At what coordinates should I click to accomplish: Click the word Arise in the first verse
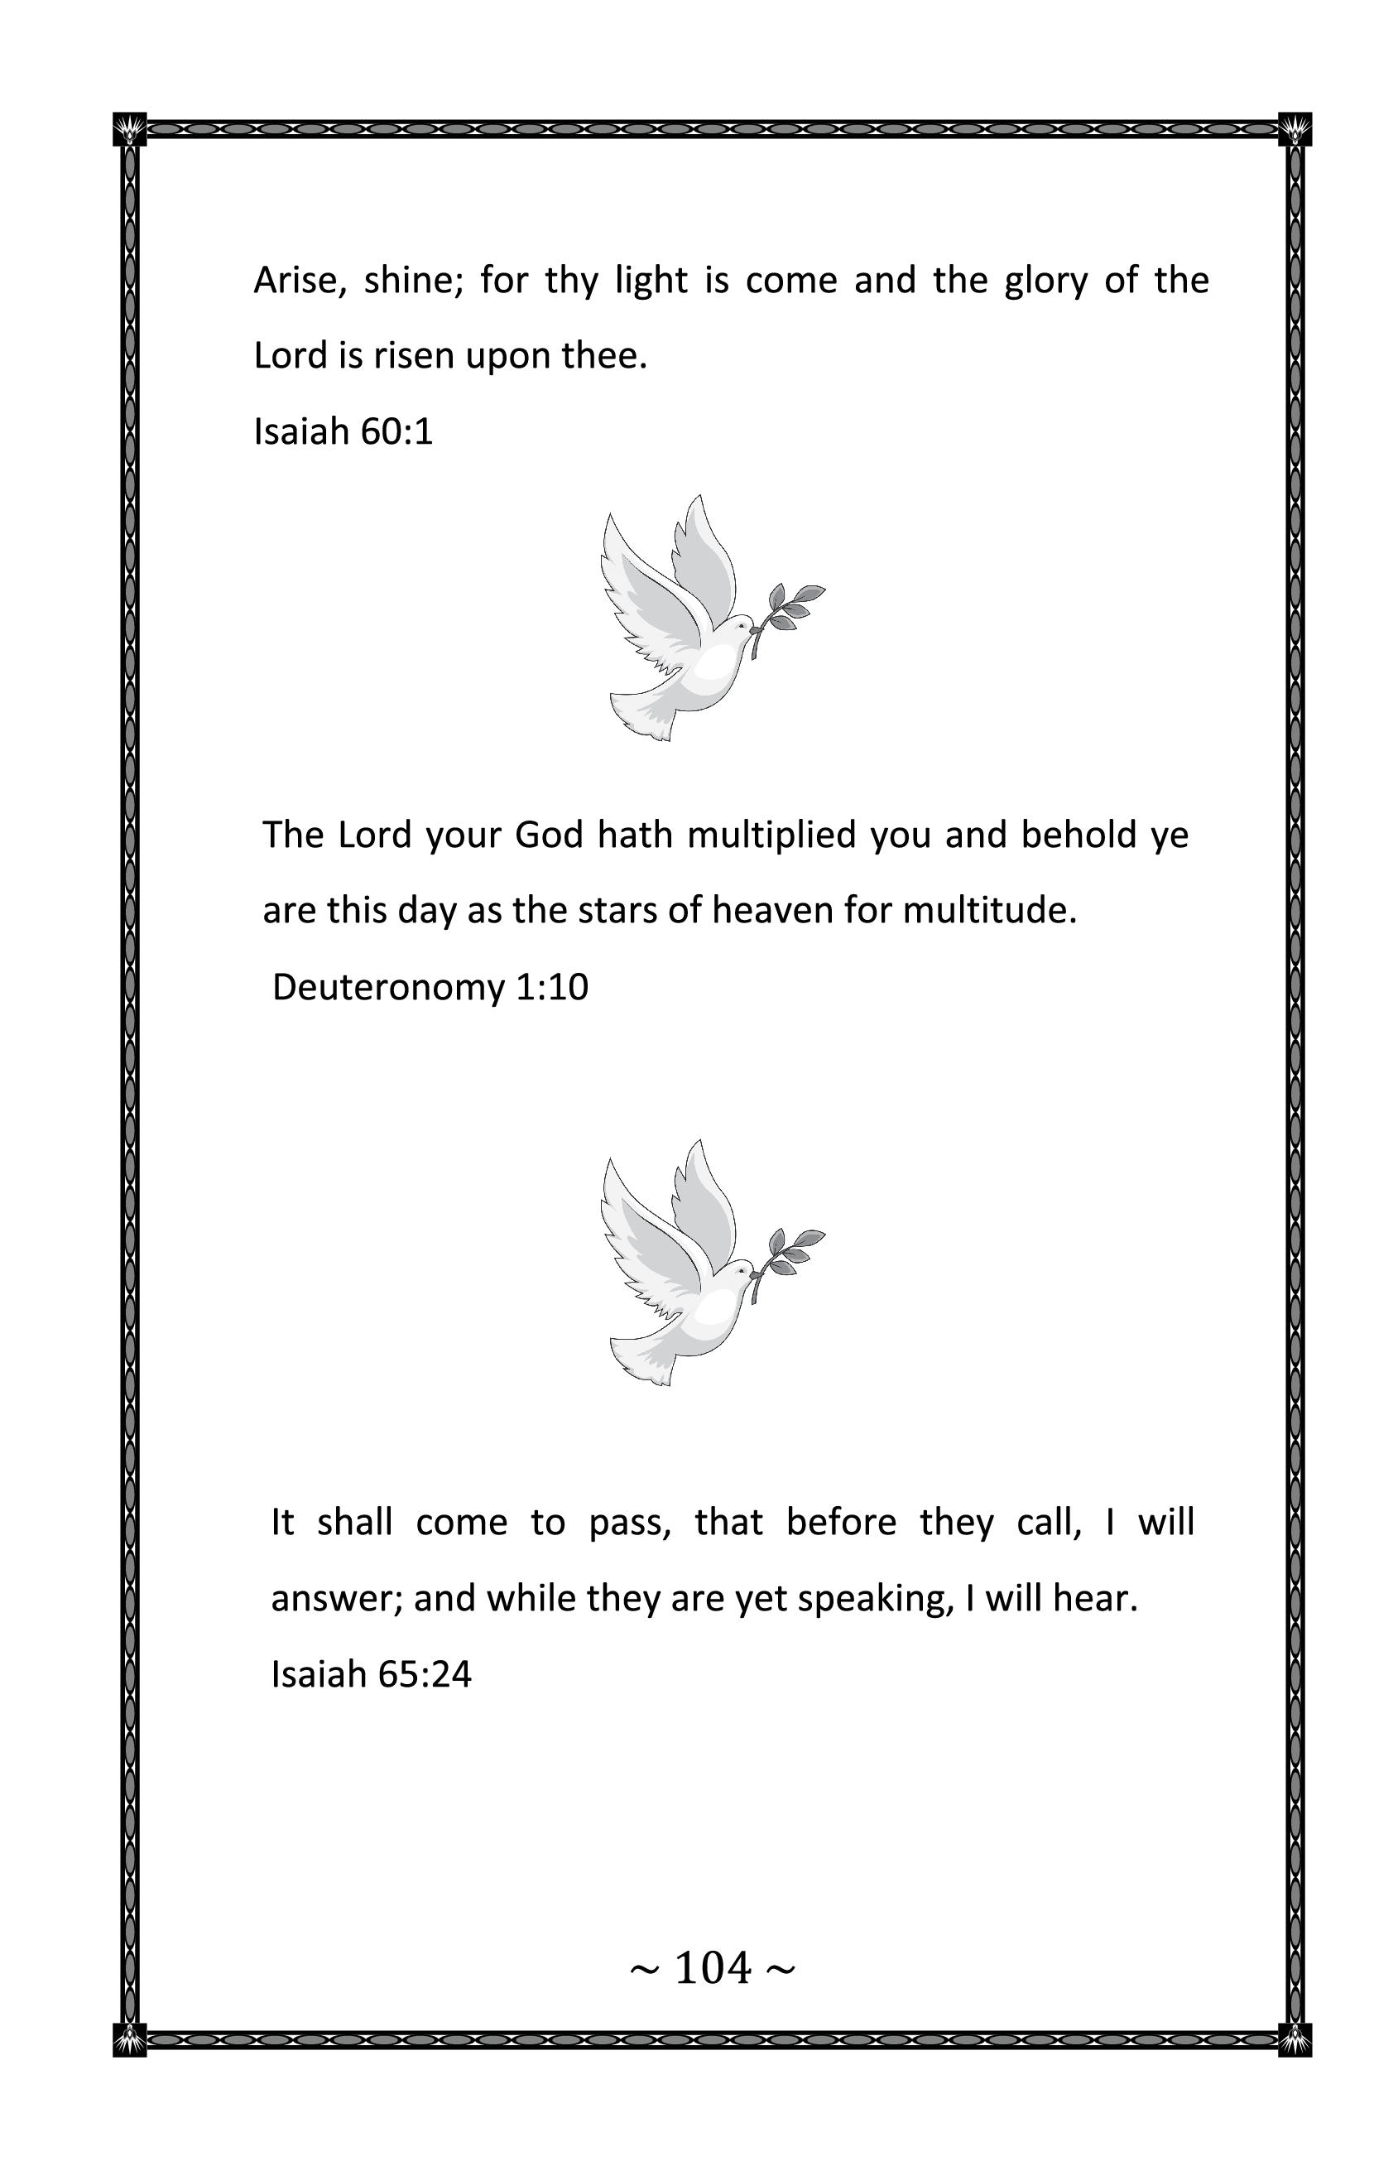292,281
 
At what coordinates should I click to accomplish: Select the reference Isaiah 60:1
343,431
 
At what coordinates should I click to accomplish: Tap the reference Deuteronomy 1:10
430,987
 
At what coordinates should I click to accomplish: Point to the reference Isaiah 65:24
372,1673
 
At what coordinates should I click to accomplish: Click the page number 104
713,1968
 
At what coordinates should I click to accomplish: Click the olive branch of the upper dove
790,610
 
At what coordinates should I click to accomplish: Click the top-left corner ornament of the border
130,130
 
